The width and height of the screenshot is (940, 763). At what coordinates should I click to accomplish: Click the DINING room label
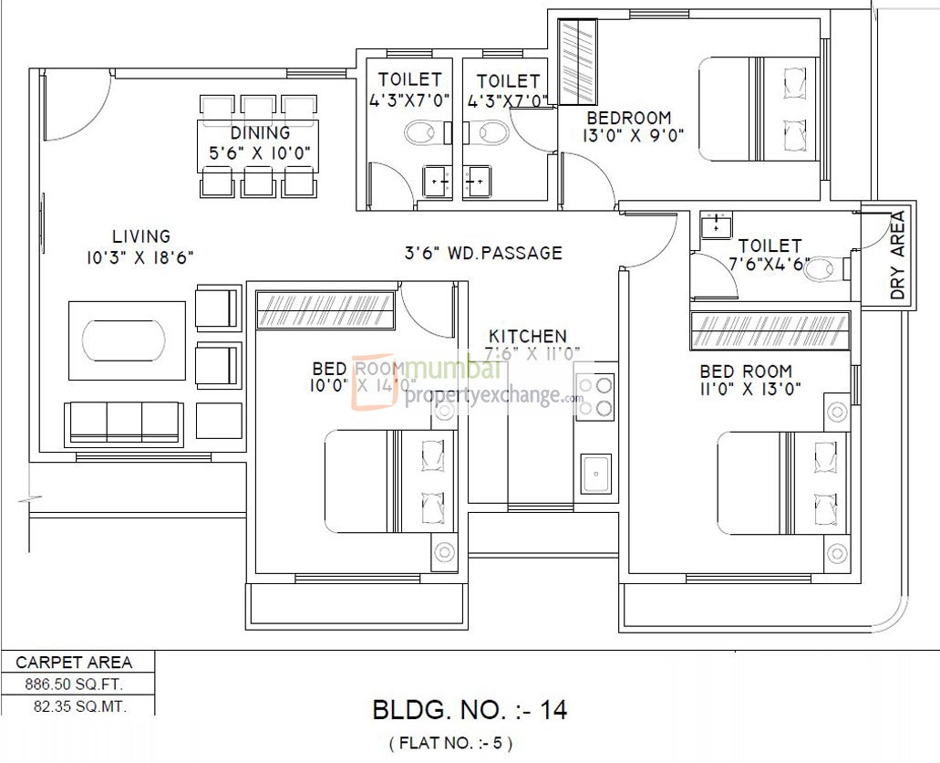[260, 133]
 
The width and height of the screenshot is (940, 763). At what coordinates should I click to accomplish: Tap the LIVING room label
[141, 236]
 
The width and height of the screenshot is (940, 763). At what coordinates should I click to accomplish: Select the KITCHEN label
[527, 336]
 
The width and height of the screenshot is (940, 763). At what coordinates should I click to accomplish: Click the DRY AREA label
[897, 256]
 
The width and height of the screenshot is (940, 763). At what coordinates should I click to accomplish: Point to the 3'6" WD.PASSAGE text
[483, 253]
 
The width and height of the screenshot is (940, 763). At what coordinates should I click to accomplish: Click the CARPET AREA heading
[75, 663]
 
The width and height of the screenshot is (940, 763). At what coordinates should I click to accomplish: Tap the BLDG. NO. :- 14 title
[470, 709]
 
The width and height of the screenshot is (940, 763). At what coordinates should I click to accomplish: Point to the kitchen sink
[596, 473]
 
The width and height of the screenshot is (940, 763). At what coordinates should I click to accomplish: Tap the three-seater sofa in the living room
[123, 423]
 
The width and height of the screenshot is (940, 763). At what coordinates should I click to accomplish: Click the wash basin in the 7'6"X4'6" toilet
[716, 225]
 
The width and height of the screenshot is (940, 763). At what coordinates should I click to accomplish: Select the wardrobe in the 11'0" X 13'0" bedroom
[770, 330]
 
